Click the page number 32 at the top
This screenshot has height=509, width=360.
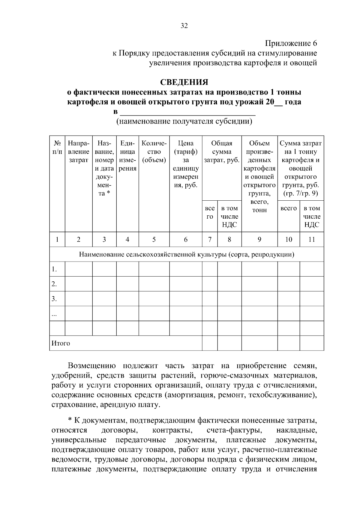[184, 26]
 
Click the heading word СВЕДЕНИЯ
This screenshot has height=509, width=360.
[184, 82]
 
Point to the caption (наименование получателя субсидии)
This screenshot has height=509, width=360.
[184, 121]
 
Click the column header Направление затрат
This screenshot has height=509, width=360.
[78, 152]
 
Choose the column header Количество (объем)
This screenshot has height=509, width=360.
[154, 152]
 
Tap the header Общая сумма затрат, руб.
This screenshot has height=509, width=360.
[222, 152]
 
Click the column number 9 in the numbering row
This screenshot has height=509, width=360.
[259, 239]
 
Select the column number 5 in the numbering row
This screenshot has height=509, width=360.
[154, 239]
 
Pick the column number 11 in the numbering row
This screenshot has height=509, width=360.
[312, 239]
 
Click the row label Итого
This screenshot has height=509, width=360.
[61, 343]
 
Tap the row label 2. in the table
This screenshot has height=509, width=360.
[54, 284]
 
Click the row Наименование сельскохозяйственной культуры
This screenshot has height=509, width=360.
[186, 255]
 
